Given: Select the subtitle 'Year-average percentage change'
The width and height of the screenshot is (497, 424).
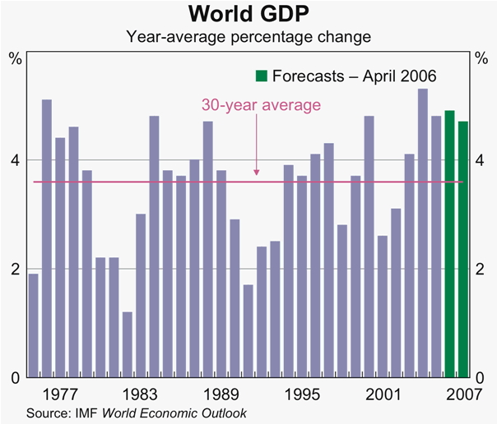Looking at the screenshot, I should click(248, 37).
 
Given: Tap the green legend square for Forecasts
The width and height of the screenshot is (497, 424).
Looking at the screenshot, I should click(261, 76).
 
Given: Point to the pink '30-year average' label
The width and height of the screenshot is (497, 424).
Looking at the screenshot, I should click(261, 105).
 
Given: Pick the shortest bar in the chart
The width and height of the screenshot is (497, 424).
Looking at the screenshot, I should click(127, 344).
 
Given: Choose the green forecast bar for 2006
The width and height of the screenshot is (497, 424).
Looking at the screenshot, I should click(449, 243).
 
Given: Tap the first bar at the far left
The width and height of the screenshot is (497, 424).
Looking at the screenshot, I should click(33, 325).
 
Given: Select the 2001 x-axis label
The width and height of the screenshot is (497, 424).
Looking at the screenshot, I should click(383, 392).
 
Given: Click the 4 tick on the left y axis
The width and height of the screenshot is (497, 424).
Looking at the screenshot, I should click(16, 159).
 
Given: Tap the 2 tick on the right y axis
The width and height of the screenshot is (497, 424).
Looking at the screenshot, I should click(480, 269).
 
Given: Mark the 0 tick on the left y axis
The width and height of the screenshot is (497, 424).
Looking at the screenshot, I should click(16, 378).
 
